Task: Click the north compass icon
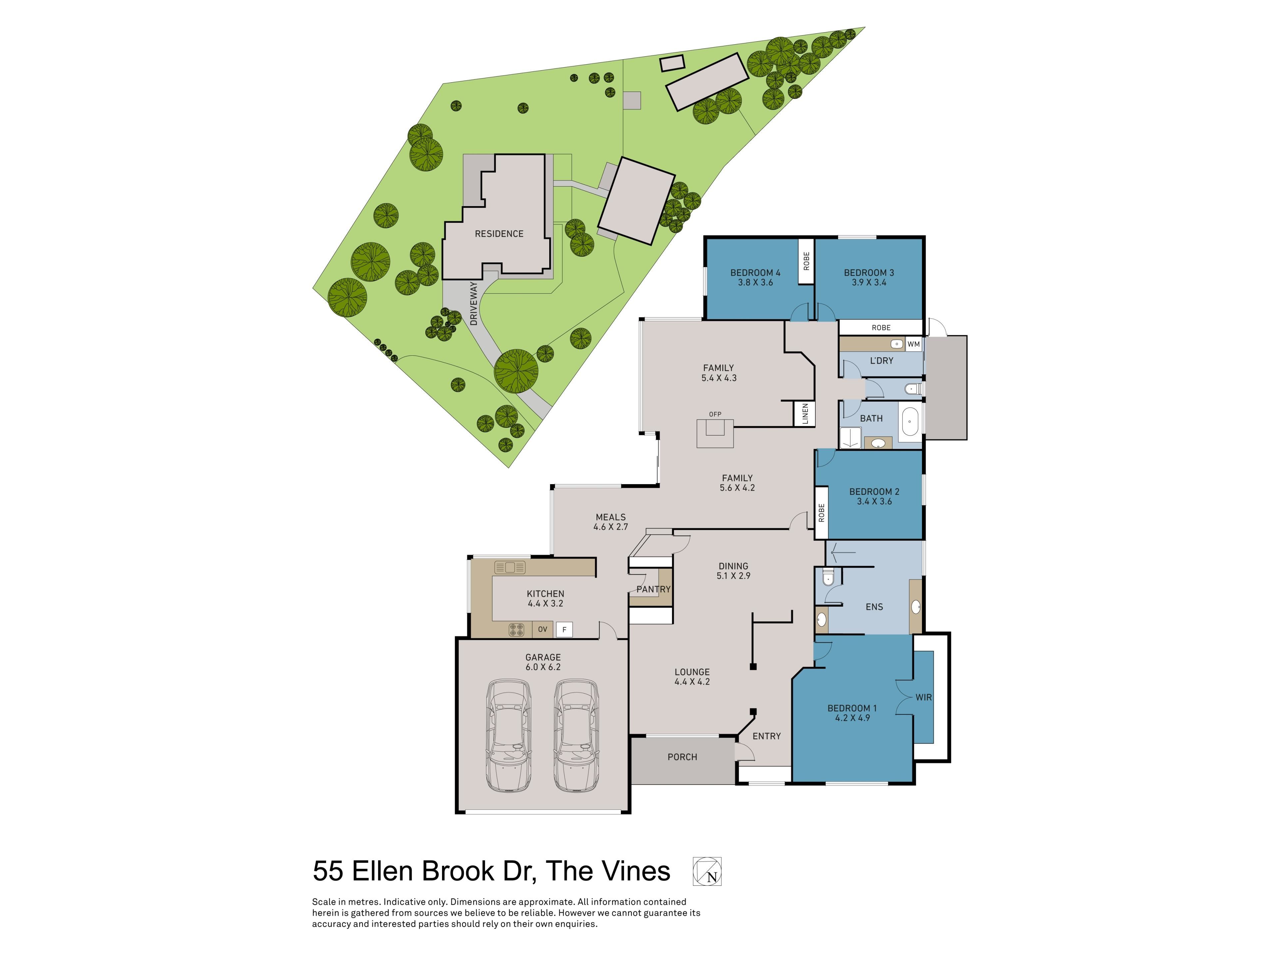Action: [707, 871]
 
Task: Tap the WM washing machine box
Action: [914, 344]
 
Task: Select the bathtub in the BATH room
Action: [910, 422]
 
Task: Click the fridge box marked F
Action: [564, 629]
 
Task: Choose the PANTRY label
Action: [653, 589]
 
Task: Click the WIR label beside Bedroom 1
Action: [923, 697]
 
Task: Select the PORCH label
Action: [682, 757]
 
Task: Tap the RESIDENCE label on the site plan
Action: [499, 233]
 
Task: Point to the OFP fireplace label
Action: [715, 414]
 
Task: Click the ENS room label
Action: [874, 607]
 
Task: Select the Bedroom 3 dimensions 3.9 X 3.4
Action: [869, 282]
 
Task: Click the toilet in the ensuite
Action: [828, 577]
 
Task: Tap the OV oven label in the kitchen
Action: [542, 629]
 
